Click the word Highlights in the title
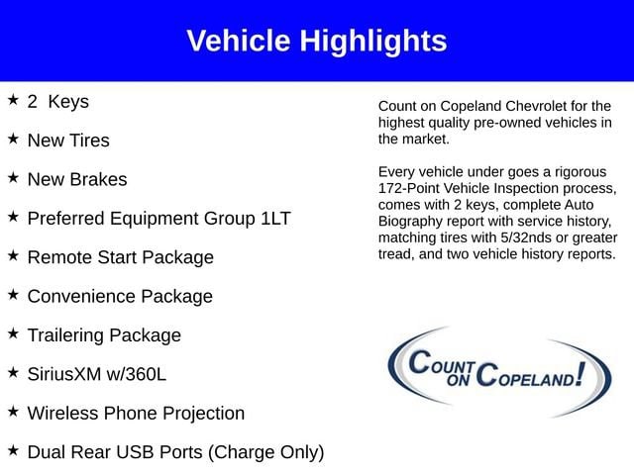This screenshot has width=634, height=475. pyautogui.click(x=373, y=42)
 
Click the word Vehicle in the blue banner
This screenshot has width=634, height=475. pyautogui.click(x=239, y=41)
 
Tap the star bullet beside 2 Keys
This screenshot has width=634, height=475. pyautogui.click(x=13, y=99)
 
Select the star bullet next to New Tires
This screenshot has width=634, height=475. pyautogui.click(x=13, y=139)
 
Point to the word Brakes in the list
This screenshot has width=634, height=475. pyautogui.click(x=98, y=179)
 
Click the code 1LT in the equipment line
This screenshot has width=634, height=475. pyautogui.click(x=275, y=219)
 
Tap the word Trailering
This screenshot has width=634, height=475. pyautogui.click(x=65, y=335)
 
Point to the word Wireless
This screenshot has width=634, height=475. pyautogui.click(x=63, y=414)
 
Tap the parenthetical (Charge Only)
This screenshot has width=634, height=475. pyautogui.click(x=265, y=453)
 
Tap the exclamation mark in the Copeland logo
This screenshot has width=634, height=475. pyautogui.click(x=581, y=374)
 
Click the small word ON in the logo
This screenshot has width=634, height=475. pyautogui.click(x=458, y=380)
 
